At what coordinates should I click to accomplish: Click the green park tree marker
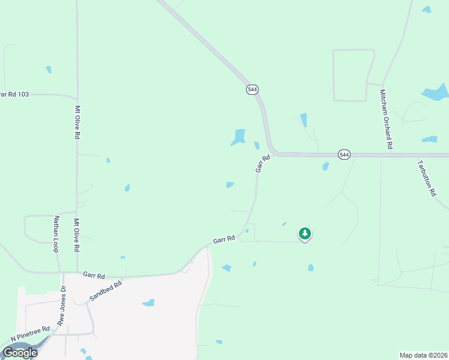[305, 233]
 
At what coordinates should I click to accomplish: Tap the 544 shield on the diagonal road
[252, 89]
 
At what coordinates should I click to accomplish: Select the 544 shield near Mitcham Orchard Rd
[343, 154]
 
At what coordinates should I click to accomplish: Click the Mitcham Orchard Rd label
[385, 119]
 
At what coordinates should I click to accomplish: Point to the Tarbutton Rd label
[426, 178]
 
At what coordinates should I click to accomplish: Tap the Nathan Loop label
[56, 233]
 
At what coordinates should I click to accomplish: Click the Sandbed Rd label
[105, 290]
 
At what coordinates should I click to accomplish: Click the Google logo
[20, 352]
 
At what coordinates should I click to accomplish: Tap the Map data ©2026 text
[423, 355]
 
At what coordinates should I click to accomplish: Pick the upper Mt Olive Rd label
[77, 122]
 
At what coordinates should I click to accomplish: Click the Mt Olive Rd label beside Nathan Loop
[77, 235]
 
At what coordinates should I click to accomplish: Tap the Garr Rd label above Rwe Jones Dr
[94, 275]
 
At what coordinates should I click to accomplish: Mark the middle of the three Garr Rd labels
[223, 239]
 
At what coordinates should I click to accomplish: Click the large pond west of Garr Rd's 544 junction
[239, 137]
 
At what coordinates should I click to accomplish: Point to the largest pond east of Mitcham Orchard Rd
[436, 92]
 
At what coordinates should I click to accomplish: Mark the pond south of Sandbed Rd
[148, 302]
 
